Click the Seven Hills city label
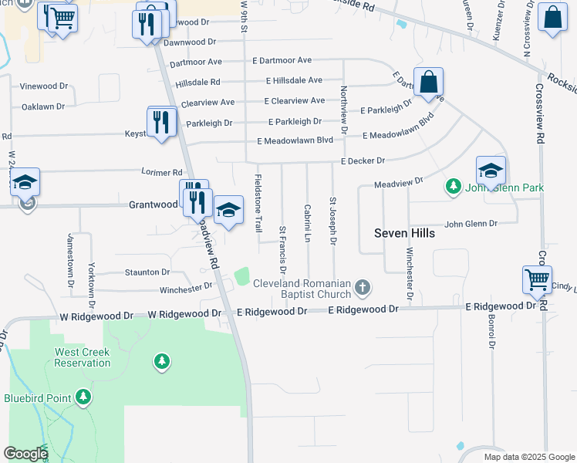click(x=404, y=233)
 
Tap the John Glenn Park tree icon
click(x=454, y=187)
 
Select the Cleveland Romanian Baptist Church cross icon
click(x=363, y=289)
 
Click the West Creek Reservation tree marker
click(x=161, y=360)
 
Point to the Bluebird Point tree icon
click(x=83, y=398)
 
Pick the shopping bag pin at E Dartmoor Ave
click(x=430, y=83)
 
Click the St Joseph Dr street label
click(x=333, y=221)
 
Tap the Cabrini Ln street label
click(x=307, y=224)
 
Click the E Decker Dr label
click(x=362, y=161)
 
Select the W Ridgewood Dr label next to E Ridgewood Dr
click(x=184, y=313)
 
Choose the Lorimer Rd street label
click(x=161, y=172)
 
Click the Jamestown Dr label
click(x=70, y=255)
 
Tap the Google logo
click(x=25, y=454)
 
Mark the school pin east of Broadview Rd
click(x=228, y=211)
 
